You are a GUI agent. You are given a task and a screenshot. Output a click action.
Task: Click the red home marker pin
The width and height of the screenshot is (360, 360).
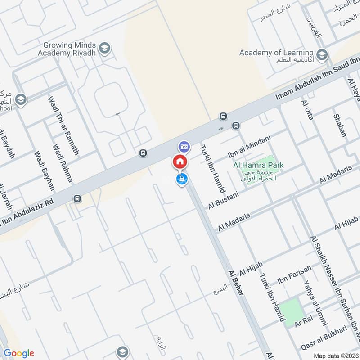(x=180, y=162)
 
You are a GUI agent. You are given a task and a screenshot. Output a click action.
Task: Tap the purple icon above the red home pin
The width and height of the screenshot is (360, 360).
(x=184, y=146)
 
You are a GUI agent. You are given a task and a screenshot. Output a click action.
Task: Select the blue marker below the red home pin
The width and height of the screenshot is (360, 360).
(x=181, y=180)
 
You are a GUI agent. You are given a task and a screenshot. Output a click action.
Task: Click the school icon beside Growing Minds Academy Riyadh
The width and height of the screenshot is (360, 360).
(x=104, y=48)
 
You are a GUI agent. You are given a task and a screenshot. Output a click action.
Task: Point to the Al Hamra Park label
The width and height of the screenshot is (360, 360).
(x=258, y=166)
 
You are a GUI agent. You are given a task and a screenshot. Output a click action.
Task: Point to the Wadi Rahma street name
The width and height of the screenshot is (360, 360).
(x=63, y=163)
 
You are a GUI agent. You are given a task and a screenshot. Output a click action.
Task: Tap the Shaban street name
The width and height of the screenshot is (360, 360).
(x=340, y=125)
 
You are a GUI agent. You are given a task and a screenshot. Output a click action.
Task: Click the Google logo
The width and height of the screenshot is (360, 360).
(x=19, y=353)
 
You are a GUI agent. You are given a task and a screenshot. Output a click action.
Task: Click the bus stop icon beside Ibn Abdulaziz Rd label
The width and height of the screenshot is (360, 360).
(x=77, y=198)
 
